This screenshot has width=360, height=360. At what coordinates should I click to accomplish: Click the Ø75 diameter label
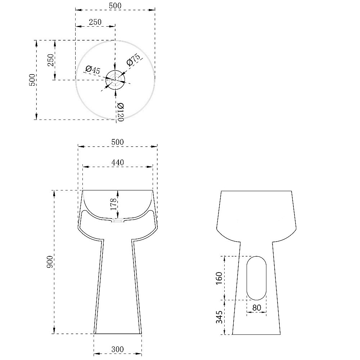(134, 59)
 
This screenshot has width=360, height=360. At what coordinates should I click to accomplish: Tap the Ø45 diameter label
(93, 69)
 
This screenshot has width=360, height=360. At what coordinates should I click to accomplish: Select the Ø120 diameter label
(120, 112)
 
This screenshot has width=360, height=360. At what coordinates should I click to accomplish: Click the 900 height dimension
(50, 262)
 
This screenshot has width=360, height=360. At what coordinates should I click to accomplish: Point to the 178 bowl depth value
(114, 204)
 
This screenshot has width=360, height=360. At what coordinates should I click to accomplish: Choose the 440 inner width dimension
(118, 163)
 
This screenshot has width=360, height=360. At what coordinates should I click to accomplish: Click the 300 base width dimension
(118, 349)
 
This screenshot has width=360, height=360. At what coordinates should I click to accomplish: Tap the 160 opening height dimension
(219, 278)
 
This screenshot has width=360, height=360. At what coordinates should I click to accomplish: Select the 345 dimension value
(219, 317)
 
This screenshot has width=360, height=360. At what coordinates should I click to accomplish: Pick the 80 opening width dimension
(256, 307)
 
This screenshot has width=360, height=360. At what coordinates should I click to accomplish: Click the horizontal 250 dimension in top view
(95, 22)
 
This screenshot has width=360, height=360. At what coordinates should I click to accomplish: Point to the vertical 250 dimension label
(51, 60)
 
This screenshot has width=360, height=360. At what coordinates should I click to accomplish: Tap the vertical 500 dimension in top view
(32, 80)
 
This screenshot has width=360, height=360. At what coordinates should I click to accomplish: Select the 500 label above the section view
(118, 142)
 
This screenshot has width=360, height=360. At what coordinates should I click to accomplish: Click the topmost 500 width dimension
(115, 5)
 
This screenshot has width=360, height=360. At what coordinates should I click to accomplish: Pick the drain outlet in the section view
(118, 221)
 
